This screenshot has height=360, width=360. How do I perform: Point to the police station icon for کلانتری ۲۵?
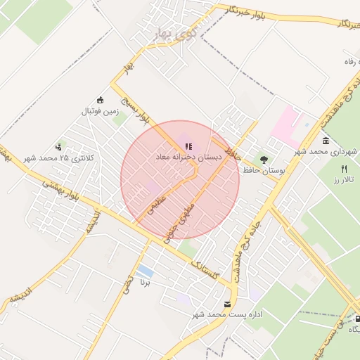pyautogui.click(x=58, y=148)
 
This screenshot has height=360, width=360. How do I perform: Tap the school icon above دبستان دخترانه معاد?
pyautogui.click(x=188, y=146)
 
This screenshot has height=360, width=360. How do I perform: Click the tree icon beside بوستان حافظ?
pyautogui.click(x=264, y=160)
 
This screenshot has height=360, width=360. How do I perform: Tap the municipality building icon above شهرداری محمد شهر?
pyautogui.click(x=325, y=141)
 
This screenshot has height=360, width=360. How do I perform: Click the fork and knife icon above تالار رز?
pyautogui.click(x=344, y=169)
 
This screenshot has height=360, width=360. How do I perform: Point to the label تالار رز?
pyautogui.click(x=344, y=181)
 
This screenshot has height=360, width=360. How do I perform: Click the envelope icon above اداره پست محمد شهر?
pyautogui.click(x=227, y=304)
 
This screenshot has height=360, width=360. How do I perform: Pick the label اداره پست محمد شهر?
pyautogui.click(x=227, y=315)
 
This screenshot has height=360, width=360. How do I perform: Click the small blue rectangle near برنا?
pyautogui.click(x=146, y=271)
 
